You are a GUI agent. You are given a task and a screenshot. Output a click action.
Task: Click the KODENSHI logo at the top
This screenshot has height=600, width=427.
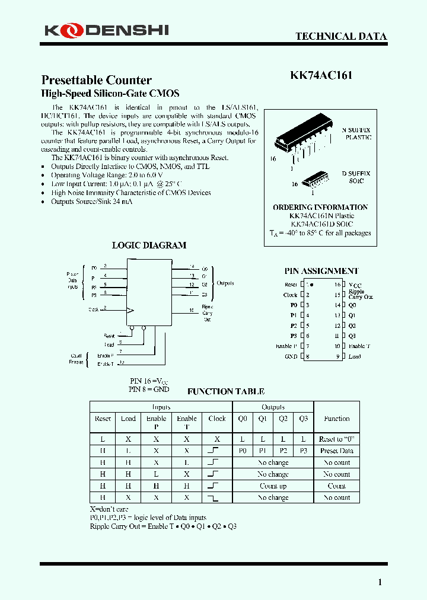(x=105, y=30)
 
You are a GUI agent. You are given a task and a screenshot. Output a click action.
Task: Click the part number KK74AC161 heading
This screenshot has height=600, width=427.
(x=322, y=76)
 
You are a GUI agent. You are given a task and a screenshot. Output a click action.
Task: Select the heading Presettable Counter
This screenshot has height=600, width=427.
(x=96, y=80)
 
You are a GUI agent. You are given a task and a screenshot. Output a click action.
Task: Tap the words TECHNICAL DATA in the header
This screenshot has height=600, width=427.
(x=341, y=36)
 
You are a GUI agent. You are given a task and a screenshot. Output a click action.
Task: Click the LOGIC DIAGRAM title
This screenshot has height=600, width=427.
(x=149, y=245)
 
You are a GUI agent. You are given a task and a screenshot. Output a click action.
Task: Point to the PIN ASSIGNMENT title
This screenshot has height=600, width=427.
(x=321, y=271)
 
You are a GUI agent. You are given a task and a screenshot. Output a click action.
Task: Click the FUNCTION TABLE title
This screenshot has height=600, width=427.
(x=225, y=391)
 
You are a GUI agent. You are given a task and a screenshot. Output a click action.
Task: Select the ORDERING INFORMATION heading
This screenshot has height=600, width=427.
(x=320, y=208)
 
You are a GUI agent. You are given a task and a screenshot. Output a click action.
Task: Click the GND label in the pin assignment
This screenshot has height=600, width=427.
(x=291, y=356)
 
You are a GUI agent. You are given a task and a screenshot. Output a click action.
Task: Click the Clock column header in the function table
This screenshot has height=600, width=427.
(x=217, y=419)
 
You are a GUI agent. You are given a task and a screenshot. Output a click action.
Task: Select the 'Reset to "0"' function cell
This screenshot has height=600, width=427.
(x=336, y=439)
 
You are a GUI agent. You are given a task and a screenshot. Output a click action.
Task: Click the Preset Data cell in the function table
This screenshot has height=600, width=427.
(x=336, y=451)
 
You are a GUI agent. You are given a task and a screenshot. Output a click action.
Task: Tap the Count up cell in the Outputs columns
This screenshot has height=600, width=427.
(x=273, y=486)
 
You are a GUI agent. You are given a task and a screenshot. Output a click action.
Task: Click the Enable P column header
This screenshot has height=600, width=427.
(x=157, y=422)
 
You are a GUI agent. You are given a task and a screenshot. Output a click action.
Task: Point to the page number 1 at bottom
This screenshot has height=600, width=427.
(x=380, y=582)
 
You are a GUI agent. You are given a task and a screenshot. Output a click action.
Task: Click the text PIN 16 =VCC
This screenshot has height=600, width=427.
(x=149, y=381)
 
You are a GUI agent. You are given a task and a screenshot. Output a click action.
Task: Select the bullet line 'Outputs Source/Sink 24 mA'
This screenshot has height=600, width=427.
(x=92, y=202)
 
